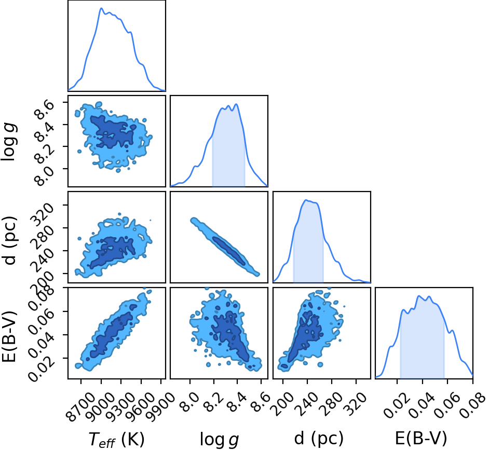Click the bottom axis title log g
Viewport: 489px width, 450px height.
219,440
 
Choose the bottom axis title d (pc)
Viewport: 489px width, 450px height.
319,439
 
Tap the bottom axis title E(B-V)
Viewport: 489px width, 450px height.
420,439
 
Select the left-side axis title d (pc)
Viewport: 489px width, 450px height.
9,240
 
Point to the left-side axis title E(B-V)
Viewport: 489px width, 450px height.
9,336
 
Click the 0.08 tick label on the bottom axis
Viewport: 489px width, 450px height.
473,405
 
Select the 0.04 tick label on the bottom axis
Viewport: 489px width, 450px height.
422,405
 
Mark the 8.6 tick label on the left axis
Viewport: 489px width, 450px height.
44,110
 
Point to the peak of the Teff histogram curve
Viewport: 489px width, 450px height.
101,8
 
